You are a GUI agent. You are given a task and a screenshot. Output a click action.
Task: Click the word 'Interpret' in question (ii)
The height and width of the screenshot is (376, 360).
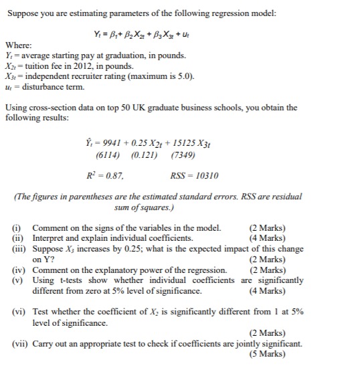tap(53, 238)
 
